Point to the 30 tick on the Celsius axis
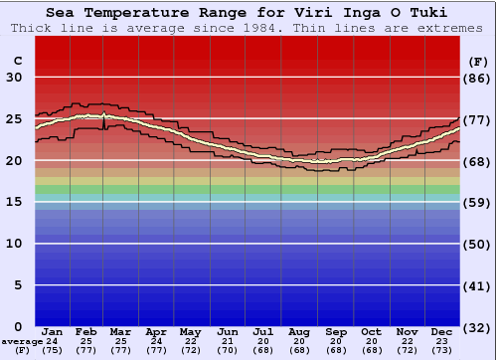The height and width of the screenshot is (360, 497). pyautogui.click(x=14, y=78)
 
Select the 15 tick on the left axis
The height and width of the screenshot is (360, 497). pyautogui.click(x=14, y=202)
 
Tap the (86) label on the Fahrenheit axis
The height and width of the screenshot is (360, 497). pyautogui.click(x=478, y=78)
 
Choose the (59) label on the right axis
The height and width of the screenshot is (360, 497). pyautogui.click(x=478, y=202)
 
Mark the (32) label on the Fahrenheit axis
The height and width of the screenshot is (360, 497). pyautogui.click(x=478, y=326)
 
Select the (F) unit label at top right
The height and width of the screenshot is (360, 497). pyautogui.click(x=477, y=60)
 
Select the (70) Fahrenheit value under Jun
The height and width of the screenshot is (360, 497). pyautogui.click(x=228, y=350)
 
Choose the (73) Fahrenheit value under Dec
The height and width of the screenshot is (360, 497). pyautogui.click(x=442, y=350)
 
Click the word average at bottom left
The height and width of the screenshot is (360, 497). pyautogui.click(x=22, y=341)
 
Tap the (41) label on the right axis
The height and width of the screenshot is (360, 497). pyautogui.click(x=478, y=284)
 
